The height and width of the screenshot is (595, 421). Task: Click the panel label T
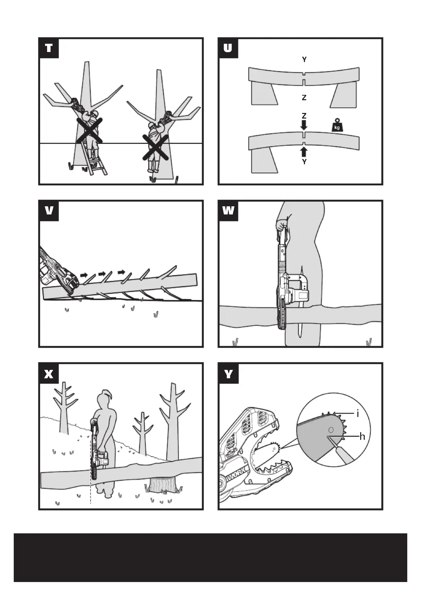pos(49,48)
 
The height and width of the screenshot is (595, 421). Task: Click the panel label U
pos(228,48)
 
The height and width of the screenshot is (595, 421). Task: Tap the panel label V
pos(49,211)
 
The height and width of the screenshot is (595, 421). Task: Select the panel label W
pos(228,211)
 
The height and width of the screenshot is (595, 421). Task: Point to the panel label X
pos(49,374)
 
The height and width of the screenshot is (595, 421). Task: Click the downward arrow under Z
pos(304,125)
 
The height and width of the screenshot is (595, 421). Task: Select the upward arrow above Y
pos(304,152)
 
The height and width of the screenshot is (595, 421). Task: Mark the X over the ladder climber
pos(89,130)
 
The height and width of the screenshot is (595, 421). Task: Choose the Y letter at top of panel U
pos(304,60)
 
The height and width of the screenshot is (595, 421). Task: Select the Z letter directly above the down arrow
pos(304,115)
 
